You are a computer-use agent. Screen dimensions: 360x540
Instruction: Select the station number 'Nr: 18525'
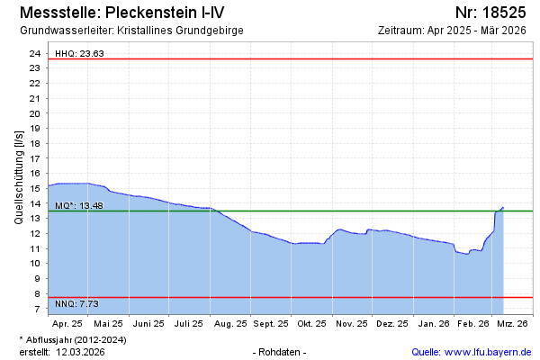(490, 13)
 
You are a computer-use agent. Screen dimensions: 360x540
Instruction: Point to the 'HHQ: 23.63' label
(80, 53)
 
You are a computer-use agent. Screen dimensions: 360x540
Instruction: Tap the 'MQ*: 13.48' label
(79, 205)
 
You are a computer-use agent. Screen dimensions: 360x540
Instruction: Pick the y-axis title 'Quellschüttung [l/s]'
(18, 175)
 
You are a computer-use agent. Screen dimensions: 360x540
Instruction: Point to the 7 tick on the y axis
(37, 309)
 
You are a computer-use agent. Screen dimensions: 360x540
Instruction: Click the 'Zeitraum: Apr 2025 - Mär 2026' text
(454, 30)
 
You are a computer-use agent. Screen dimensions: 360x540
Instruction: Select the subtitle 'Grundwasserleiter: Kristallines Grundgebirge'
(130, 30)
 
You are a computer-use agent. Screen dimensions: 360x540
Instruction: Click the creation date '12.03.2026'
(80, 351)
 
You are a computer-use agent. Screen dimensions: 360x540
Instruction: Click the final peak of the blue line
(503, 207)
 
